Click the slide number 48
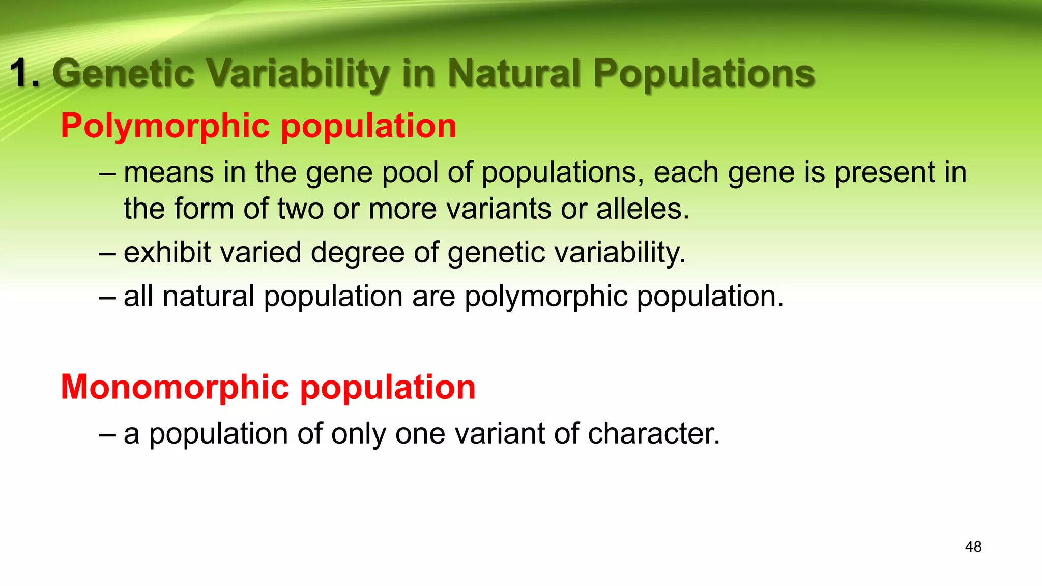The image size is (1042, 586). [x=973, y=547]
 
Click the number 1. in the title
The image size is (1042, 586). [x=25, y=73]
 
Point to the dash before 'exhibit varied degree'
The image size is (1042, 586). [x=107, y=253]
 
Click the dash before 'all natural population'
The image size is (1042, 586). [x=107, y=297]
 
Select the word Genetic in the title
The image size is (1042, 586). [x=123, y=73]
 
